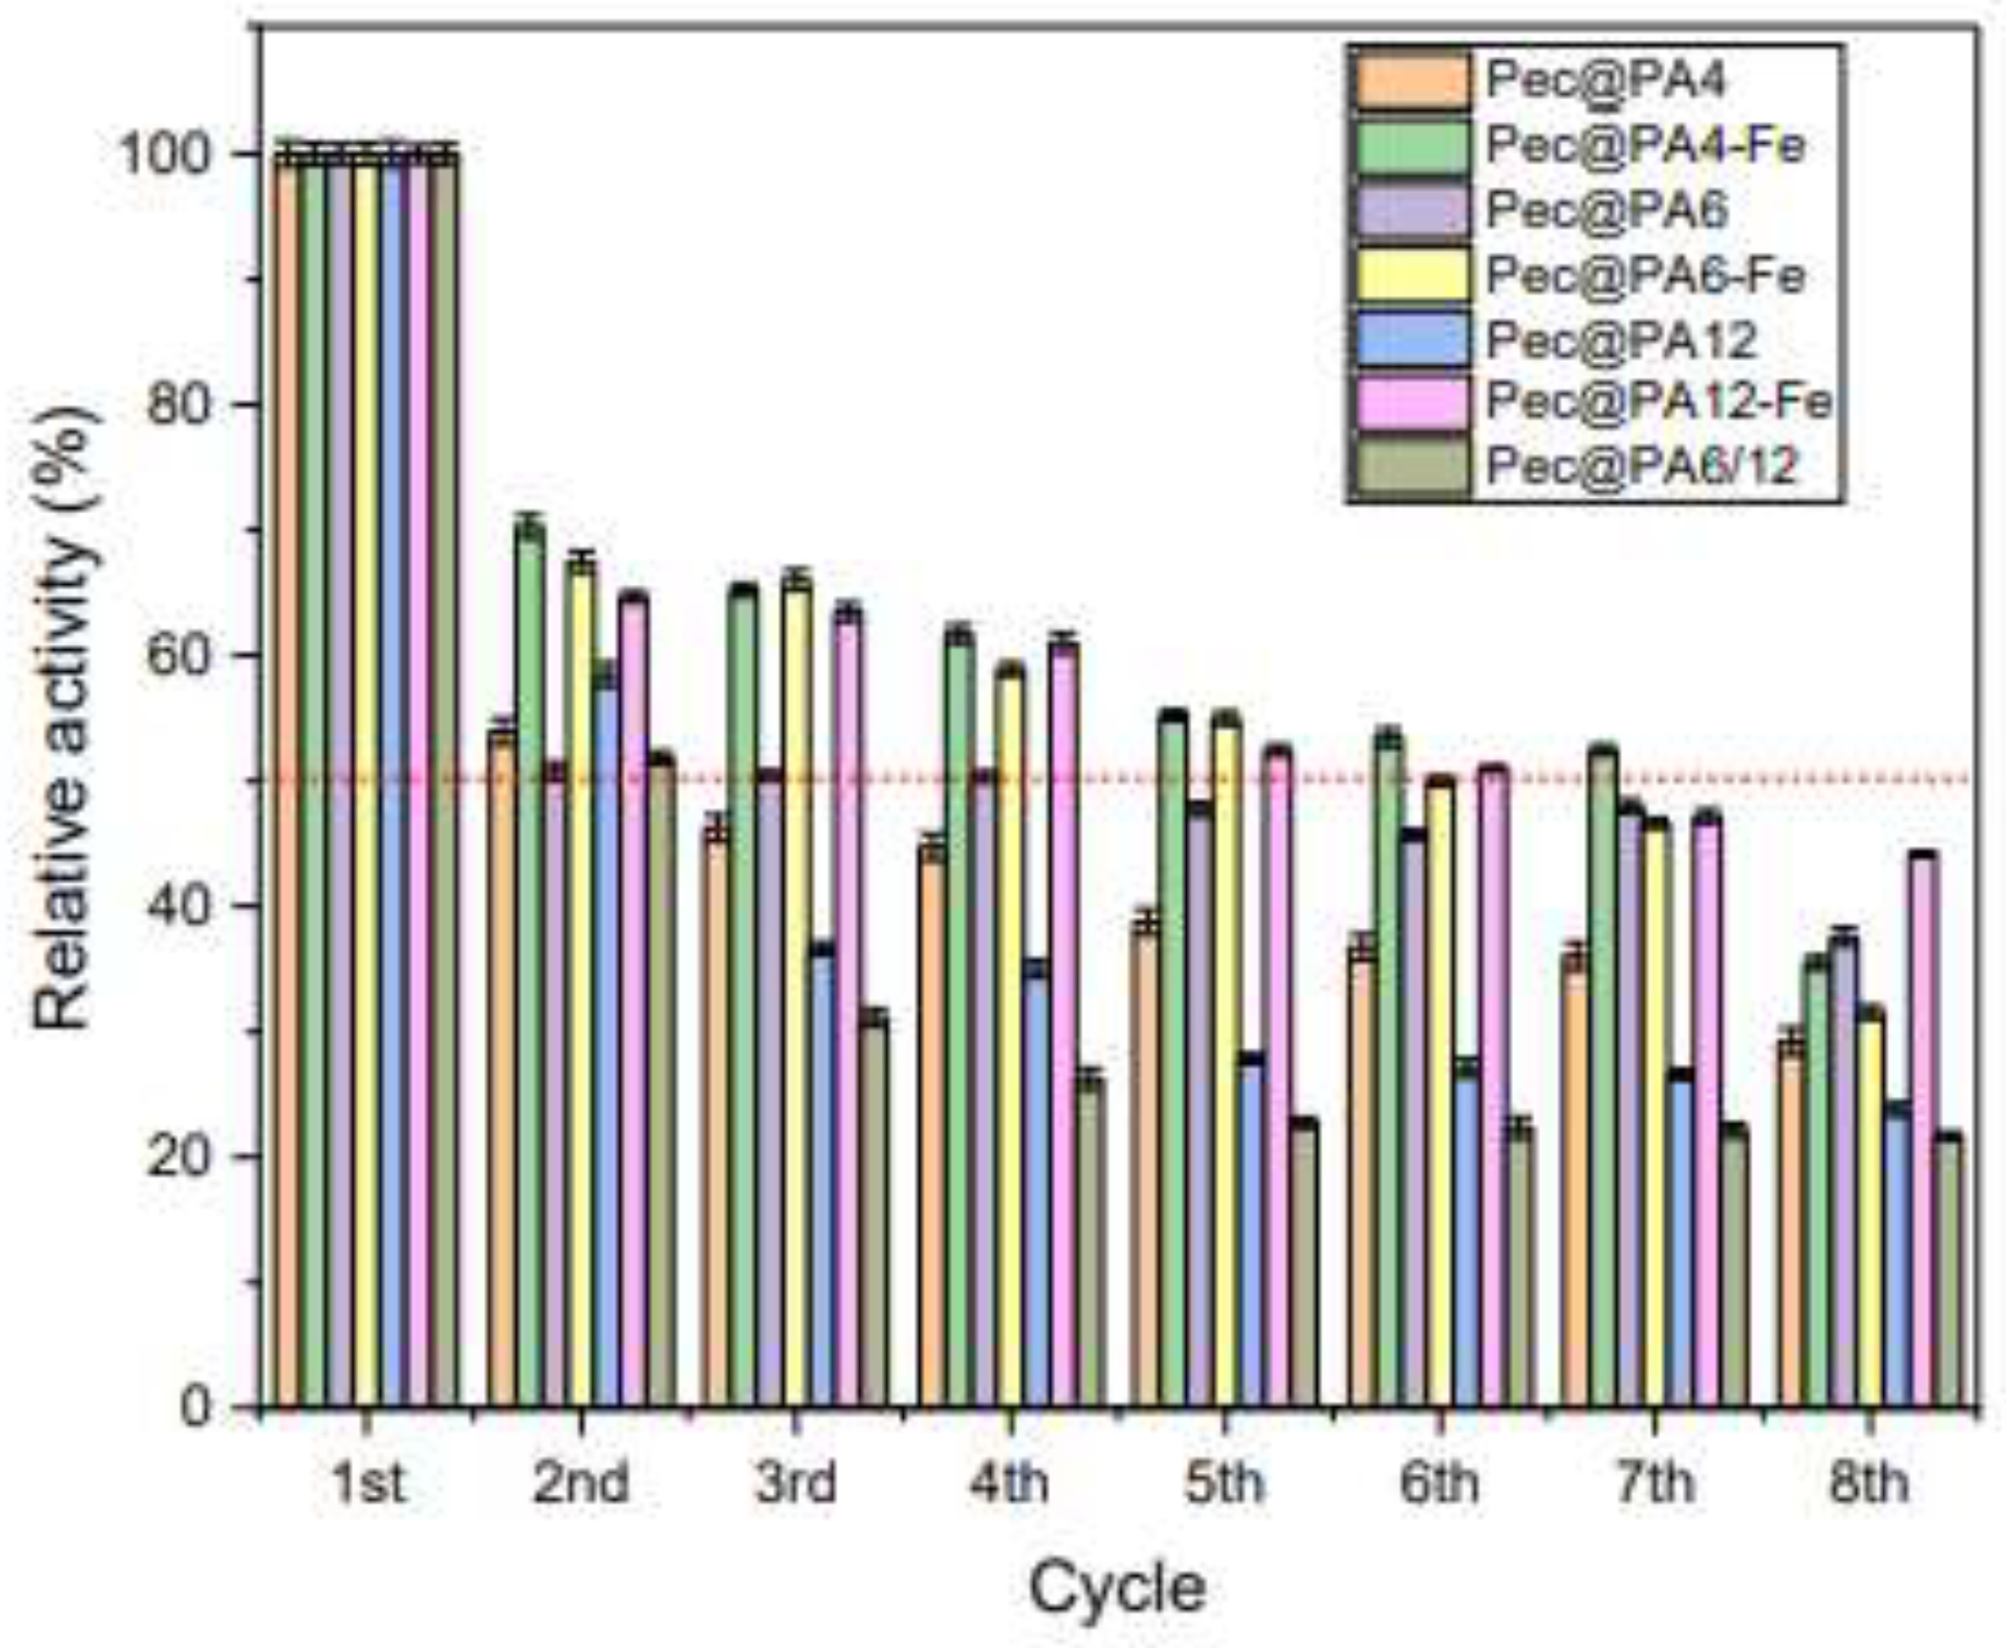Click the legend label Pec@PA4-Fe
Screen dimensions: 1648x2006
pyautogui.click(x=1645, y=146)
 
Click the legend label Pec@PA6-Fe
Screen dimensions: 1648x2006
pyautogui.click(x=1645, y=275)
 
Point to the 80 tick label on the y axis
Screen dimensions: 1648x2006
pyautogui.click(x=188, y=404)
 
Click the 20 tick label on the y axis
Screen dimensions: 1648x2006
pyautogui.click(x=188, y=1156)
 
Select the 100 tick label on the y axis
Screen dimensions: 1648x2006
pyautogui.click(x=173, y=153)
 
